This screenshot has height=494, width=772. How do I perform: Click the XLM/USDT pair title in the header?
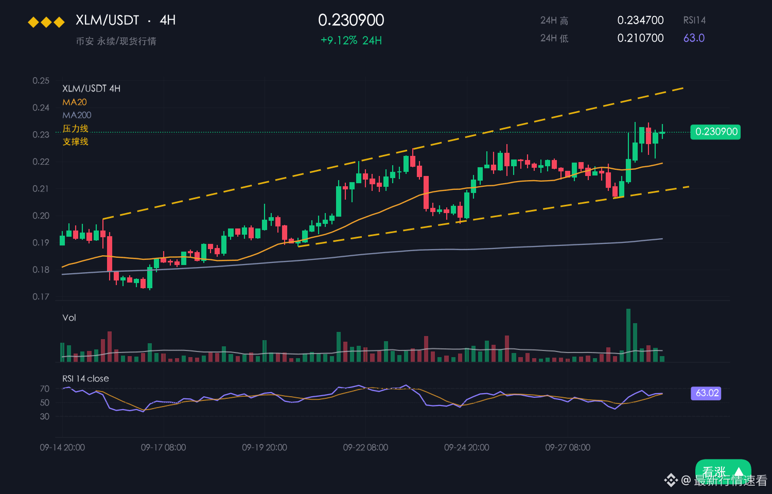[107, 20]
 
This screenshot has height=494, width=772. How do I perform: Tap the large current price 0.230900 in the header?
[351, 20]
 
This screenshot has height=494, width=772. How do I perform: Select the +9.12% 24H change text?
[351, 41]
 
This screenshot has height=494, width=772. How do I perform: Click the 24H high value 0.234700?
[640, 20]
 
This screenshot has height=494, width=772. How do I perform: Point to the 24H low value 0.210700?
[640, 38]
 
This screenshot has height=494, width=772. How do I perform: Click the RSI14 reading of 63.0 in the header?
[694, 38]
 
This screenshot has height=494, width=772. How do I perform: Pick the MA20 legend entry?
[75, 102]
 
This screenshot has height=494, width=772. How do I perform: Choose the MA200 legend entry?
[77, 115]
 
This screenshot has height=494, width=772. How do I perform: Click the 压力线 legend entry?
[76, 129]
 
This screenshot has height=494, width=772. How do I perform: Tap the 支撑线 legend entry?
[76, 142]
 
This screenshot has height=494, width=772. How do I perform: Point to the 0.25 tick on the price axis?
[41, 81]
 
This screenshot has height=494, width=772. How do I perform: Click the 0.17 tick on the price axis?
[41, 296]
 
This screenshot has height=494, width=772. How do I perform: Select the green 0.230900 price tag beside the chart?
[715, 132]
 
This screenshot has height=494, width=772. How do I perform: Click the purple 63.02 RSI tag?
[706, 393]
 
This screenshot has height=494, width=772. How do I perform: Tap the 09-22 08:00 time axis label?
[365, 448]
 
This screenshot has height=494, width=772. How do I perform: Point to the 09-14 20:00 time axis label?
[62, 448]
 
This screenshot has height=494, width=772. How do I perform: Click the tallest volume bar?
[628, 335]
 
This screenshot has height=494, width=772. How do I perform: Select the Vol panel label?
[69, 317]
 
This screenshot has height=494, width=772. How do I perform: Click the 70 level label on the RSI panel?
[45, 389]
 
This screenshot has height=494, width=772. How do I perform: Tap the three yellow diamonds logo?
[46, 23]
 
